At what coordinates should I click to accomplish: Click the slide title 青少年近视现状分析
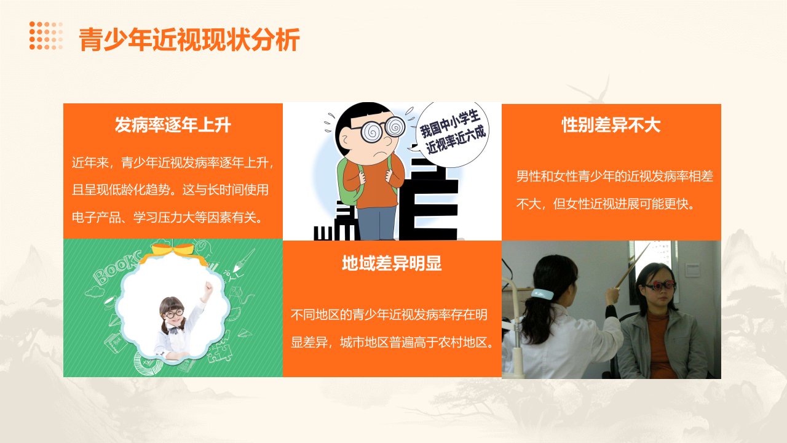(189, 39)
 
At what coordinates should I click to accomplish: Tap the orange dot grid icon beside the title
(46, 36)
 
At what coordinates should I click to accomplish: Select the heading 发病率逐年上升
(173, 125)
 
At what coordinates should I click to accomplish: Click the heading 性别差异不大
(611, 125)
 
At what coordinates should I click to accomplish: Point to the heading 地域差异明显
(392, 263)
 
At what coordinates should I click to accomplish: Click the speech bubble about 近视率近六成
(451, 134)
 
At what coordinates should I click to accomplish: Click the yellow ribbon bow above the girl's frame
(173, 252)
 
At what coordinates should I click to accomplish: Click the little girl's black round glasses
(174, 313)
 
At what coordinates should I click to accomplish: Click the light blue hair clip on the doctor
(542, 293)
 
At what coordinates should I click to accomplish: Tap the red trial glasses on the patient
(661, 285)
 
